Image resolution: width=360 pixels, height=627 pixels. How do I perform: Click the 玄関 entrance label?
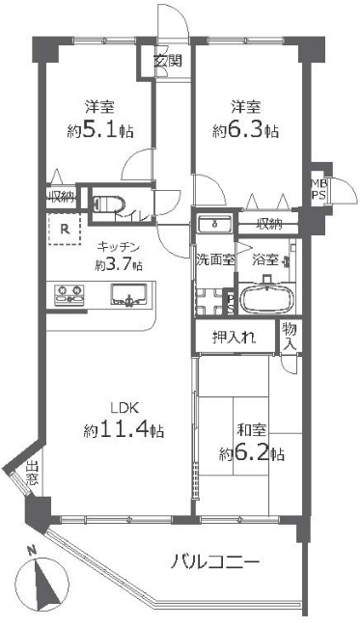tap(168, 61)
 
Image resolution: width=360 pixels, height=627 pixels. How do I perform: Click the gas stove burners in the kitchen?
tap(69, 294)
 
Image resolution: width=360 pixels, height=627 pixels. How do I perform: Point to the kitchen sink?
tap(128, 295)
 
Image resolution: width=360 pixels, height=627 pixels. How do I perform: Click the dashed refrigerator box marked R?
tap(64, 230)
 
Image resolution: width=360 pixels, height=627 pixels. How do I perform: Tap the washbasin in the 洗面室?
tap(215, 224)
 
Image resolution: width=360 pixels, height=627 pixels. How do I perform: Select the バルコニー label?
tap(215, 562)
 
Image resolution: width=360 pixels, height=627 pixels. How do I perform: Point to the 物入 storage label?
tap(290, 337)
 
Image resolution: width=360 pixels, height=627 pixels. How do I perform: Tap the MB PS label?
tap(319, 189)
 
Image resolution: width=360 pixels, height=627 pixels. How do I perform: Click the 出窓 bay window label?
tap(32, 474)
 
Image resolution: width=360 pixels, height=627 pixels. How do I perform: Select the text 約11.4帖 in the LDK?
tap(124, 430)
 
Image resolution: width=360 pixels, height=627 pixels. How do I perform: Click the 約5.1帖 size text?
tap(100, 130)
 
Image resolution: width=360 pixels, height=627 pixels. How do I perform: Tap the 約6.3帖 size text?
tap(245, 130)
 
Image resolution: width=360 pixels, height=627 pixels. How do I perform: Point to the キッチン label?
tap(118, 247)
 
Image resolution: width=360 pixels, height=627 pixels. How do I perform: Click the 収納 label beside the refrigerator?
tap(61, 197)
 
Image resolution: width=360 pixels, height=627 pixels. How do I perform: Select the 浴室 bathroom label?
tap(265, 259)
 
